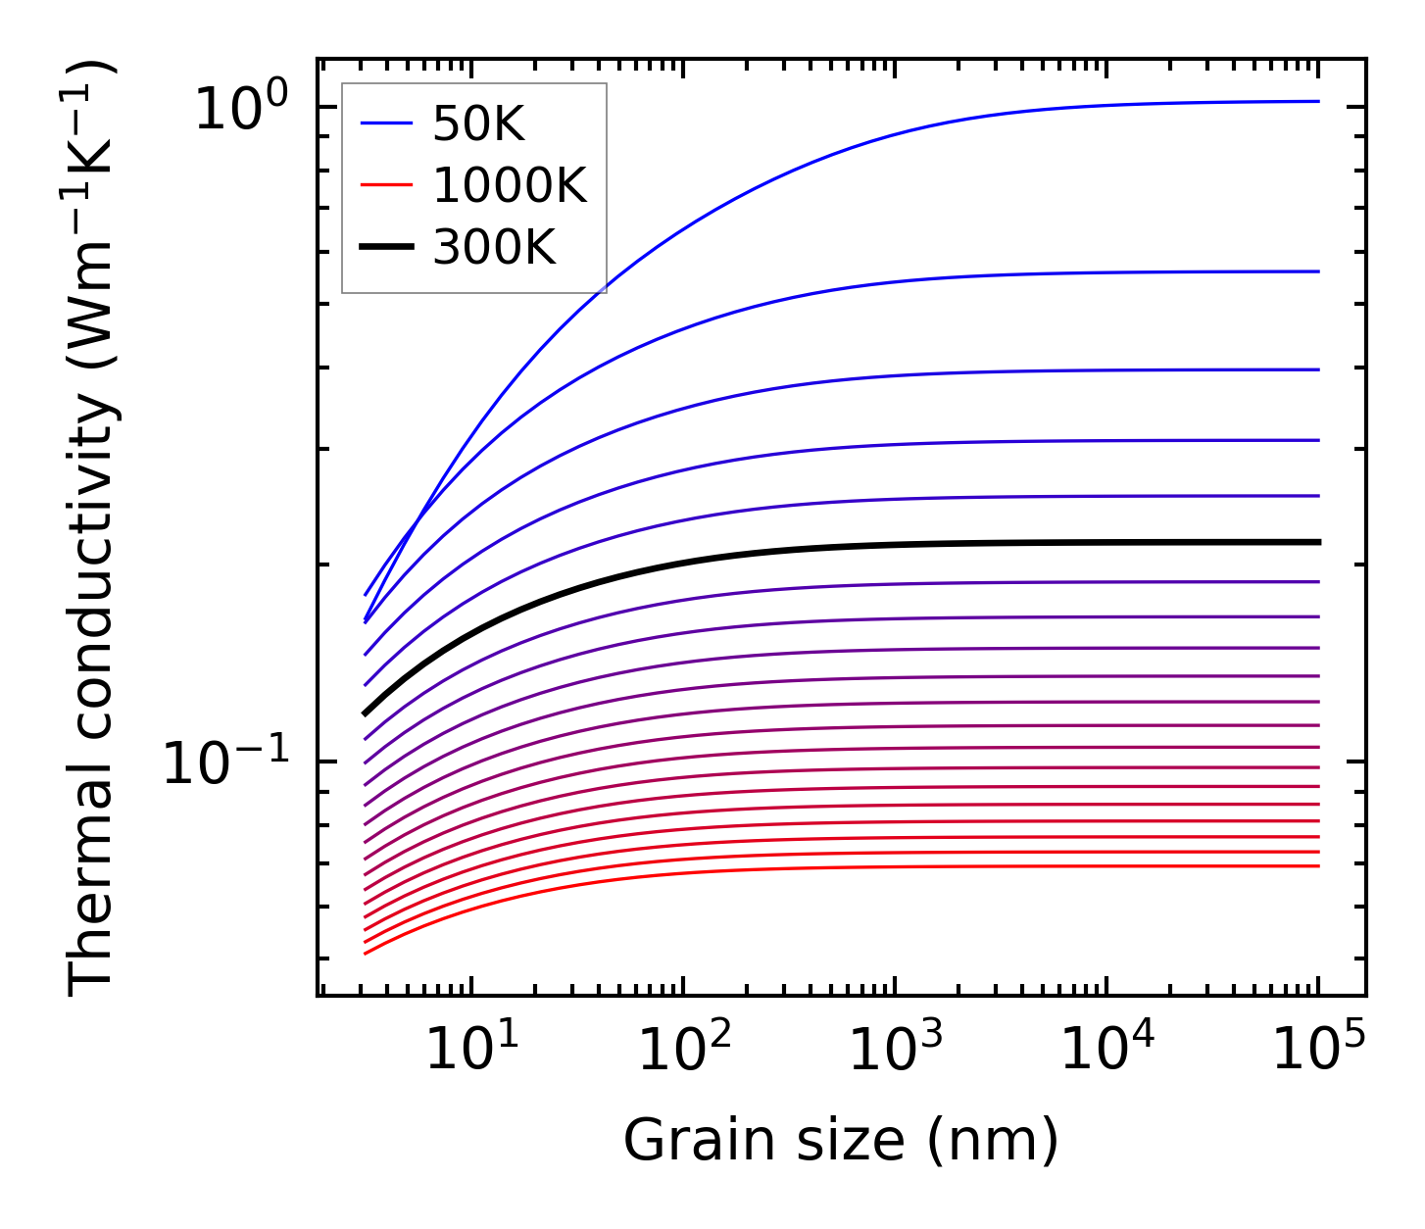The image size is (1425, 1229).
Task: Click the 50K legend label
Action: pyautogui.click(x=478, y=124)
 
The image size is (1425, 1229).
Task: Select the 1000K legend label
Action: pyautogui.click(x=510, y=186)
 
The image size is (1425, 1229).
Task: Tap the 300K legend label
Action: pyautogui.click(x=494, y=249)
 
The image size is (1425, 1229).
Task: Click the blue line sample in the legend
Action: pyautogui.click(x=387, y=124)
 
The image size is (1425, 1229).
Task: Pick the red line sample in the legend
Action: pyautogui.click(x=387, y=186)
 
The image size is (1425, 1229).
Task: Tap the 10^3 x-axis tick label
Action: pyautogui.click(x=895, y=1049)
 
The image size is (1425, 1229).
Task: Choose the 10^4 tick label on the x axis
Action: pyautogui.click(x=1107, y=1049)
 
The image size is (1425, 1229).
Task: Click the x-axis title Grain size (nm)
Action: pyautogui.click(x=841, y=1142)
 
